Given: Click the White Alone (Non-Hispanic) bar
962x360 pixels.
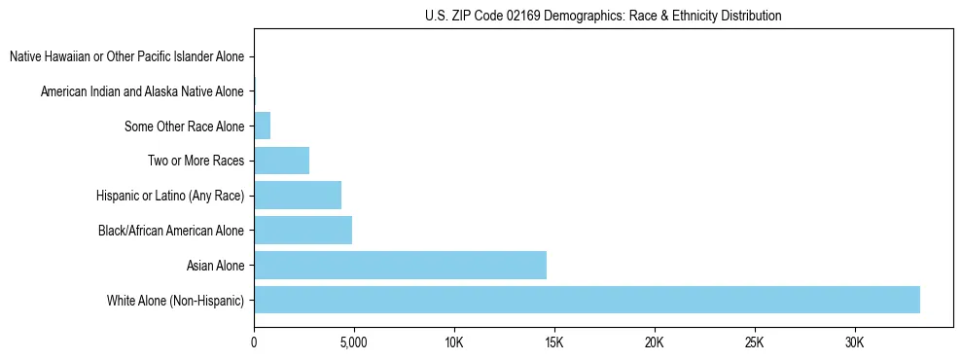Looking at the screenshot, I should [587, 300].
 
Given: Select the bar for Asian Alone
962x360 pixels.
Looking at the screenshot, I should [400, 265].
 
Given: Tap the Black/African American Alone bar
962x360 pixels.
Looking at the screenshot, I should [303, 231].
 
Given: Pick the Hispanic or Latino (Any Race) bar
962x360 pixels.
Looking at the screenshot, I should [298, 196].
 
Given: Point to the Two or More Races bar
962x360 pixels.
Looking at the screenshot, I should [281, 161].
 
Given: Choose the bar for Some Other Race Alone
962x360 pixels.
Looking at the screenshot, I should [262, 126].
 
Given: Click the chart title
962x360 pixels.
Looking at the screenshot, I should [603, 16].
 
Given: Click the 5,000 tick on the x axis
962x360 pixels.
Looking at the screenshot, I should [354, 342].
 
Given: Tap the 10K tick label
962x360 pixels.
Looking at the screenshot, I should [454, 342].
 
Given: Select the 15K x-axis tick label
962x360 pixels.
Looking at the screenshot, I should [554, 342].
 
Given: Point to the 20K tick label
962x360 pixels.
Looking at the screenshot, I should [655, 342].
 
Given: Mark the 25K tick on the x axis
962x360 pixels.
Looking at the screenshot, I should [755, 342].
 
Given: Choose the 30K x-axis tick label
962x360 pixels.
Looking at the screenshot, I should [855, 342].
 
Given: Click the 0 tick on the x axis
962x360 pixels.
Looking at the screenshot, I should [254, 342].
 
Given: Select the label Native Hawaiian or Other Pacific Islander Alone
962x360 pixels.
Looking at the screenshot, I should [126, 57].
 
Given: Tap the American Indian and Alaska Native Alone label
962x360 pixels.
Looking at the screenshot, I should [142, 91].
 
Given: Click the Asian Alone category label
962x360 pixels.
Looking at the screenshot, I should [215, 266].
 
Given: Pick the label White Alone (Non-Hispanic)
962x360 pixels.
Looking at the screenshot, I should [176, 301].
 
